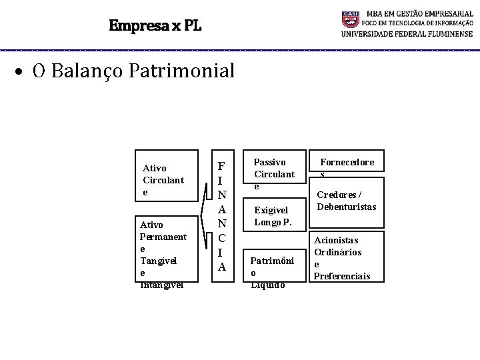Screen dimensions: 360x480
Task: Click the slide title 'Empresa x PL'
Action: tap(155, 27)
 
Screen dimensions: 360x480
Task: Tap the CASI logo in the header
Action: tap(351, 18)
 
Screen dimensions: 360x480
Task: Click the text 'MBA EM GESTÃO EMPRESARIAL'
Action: tap(417, 14)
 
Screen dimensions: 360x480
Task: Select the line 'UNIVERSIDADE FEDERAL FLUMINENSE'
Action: tap(407, 34)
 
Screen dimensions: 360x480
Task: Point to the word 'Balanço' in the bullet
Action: tap(86, 71)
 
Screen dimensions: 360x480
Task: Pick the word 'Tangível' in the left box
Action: tap(157, 261)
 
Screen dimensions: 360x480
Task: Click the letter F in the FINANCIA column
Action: tap(221, 166)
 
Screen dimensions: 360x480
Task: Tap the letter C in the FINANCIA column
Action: tap(221, 237)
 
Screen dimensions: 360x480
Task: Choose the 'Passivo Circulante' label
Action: tap(273, 174)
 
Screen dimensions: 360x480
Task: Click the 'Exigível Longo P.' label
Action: tap(273, 216)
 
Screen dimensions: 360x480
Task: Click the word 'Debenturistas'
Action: tap(346, 207)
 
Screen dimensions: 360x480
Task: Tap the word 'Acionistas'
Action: tap(336, 240)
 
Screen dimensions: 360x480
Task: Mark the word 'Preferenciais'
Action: tap(341, 276)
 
